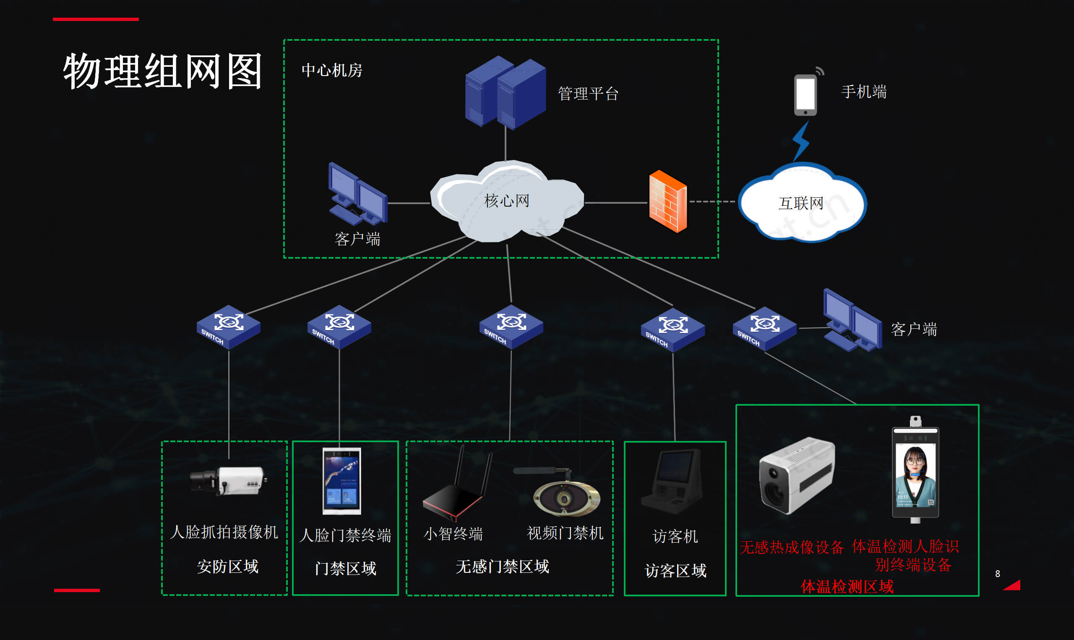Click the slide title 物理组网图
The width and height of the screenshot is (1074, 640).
pos(162,71)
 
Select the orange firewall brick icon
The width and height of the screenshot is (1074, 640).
pos(667,202)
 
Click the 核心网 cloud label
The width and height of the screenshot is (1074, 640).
pos(507,201)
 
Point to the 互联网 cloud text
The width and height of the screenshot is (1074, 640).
pos(800,203)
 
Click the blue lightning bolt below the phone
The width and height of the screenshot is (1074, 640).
pos(801,140)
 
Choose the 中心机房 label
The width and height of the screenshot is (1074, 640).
pos(332,70)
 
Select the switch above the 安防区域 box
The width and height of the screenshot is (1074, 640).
pos(228,326)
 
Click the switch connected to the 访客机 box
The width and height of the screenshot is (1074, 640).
pos(673,330)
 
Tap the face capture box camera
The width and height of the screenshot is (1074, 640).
pos(228,480)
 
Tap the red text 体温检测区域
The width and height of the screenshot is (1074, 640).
pos(847,587)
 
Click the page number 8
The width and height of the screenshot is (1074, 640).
pos(997,574)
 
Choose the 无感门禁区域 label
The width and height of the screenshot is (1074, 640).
pos(502,567)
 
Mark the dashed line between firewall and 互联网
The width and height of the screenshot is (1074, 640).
pos(712,202)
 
